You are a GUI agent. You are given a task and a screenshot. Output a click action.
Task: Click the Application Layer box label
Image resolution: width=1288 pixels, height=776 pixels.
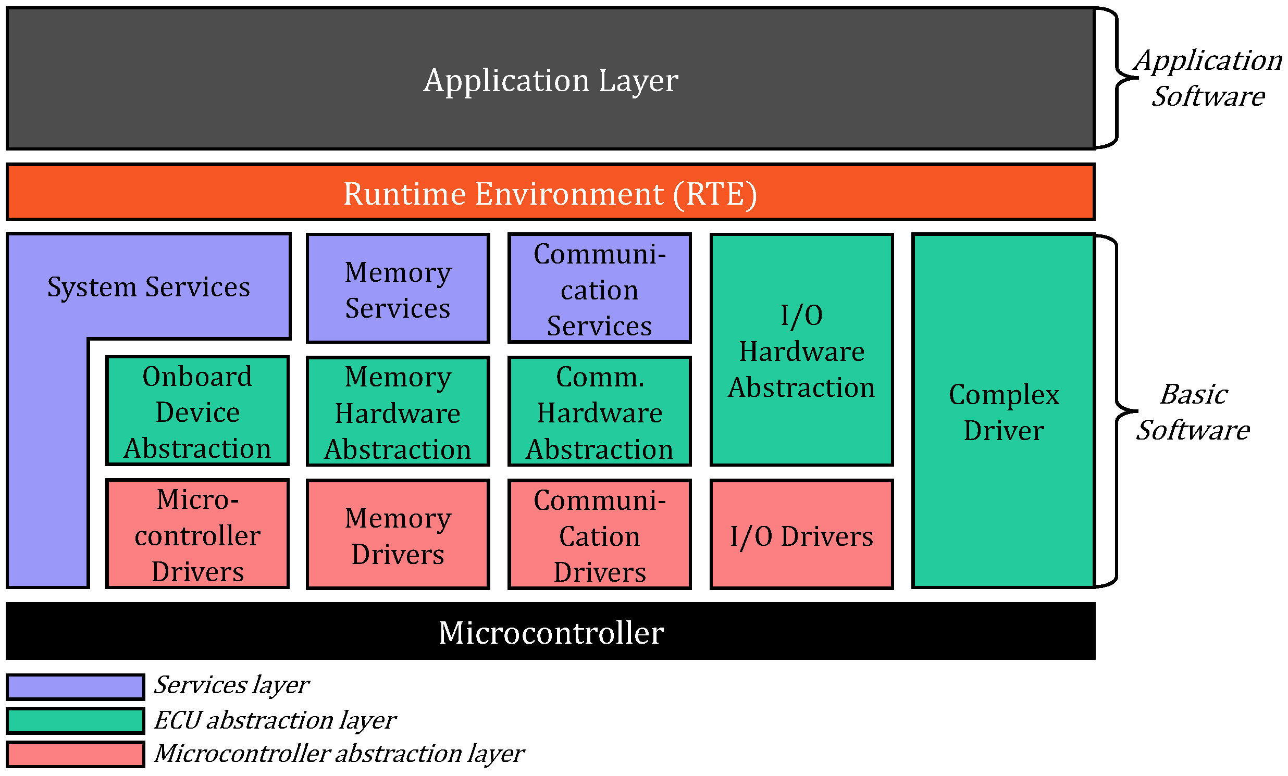point(550,81)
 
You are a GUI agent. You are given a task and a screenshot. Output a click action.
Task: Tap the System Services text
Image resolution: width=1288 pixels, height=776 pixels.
point(148,287)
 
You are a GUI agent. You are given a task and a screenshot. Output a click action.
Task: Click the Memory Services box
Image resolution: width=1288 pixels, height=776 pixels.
point(398,290)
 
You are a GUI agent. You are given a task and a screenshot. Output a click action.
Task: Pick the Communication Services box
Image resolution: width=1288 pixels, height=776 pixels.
point(600,290)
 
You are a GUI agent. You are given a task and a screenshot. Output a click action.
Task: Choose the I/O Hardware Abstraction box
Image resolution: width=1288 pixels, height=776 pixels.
point(801,351)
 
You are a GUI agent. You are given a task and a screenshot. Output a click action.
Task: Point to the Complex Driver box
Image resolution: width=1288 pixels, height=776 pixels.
point(1004,412)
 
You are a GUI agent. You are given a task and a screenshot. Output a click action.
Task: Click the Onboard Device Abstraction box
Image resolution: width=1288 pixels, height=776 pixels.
point(197,412)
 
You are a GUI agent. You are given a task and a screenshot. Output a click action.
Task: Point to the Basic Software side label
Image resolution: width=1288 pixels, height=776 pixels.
point(1193,412)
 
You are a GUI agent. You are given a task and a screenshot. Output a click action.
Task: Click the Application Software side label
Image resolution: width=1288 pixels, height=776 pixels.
point(1208,78)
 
